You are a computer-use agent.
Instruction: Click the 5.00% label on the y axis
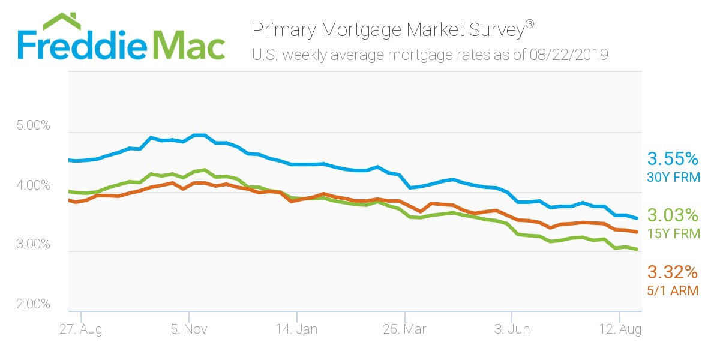point(33,127)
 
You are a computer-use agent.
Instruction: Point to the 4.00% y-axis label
point(33,186)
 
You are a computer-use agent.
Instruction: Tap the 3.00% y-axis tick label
point(33,245)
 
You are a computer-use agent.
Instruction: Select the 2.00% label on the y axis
point(33,304)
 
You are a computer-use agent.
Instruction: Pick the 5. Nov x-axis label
point(189,329)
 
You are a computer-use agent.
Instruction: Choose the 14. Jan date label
point(297,329)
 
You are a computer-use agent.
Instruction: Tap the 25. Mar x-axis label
point(405,329)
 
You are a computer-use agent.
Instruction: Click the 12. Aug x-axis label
point(620,329)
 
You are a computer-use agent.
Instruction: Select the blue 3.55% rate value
point(673,159)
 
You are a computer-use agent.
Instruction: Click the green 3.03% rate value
point(673,215)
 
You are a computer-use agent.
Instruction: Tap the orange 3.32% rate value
point(673,273)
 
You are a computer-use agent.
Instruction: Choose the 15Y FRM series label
point(673,233)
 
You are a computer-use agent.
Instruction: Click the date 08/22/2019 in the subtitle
point(569,55)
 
